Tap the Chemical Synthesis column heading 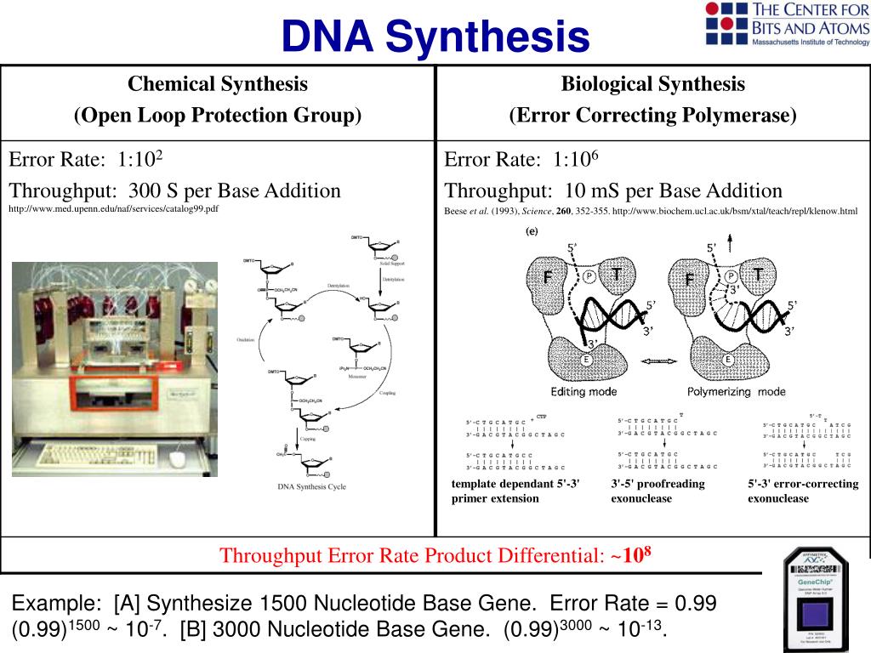(x=218, y=84)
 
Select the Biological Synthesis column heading (x=652, y=84)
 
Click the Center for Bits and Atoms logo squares (x=725, y=23)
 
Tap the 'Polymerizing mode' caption (x=736, y=392)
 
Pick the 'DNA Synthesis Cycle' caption (x=312, y=487)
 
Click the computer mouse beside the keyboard (x=177, y=459)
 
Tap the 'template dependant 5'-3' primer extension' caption (x=515, y=491)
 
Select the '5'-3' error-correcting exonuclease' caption (x=803, y=491)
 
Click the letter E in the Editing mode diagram (x=585, y=360)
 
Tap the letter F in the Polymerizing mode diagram (x=690, y=280)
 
